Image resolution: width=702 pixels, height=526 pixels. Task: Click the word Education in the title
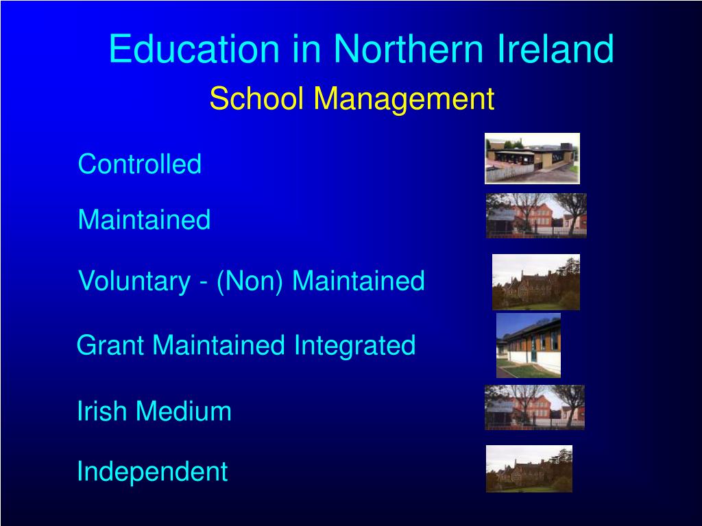pos(194,49)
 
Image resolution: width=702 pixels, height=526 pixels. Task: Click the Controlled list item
pos(140,164)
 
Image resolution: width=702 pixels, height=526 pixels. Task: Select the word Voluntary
pos(134,281)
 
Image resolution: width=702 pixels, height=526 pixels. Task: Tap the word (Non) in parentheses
pos(250,281)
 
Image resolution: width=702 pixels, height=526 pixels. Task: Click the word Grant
pos(111,345)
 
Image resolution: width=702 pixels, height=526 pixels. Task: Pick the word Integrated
pos(354,345)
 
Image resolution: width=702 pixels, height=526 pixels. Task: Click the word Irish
pos(102,412)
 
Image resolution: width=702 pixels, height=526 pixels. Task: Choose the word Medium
pos(183,412)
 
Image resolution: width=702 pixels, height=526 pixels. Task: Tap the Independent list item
pos(152,471)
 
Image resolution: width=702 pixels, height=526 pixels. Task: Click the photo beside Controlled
pos(532,158)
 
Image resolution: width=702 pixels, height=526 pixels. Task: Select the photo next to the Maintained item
pos(536,216)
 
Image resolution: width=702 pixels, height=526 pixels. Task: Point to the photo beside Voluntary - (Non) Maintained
pos(536,282)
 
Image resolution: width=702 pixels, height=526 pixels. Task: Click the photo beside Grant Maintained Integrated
pos(529,345)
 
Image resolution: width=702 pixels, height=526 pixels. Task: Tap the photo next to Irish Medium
pos(535,408)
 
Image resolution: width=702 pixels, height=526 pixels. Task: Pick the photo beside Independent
pos(529,469)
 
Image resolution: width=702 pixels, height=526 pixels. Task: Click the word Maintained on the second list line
pos(144,221)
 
